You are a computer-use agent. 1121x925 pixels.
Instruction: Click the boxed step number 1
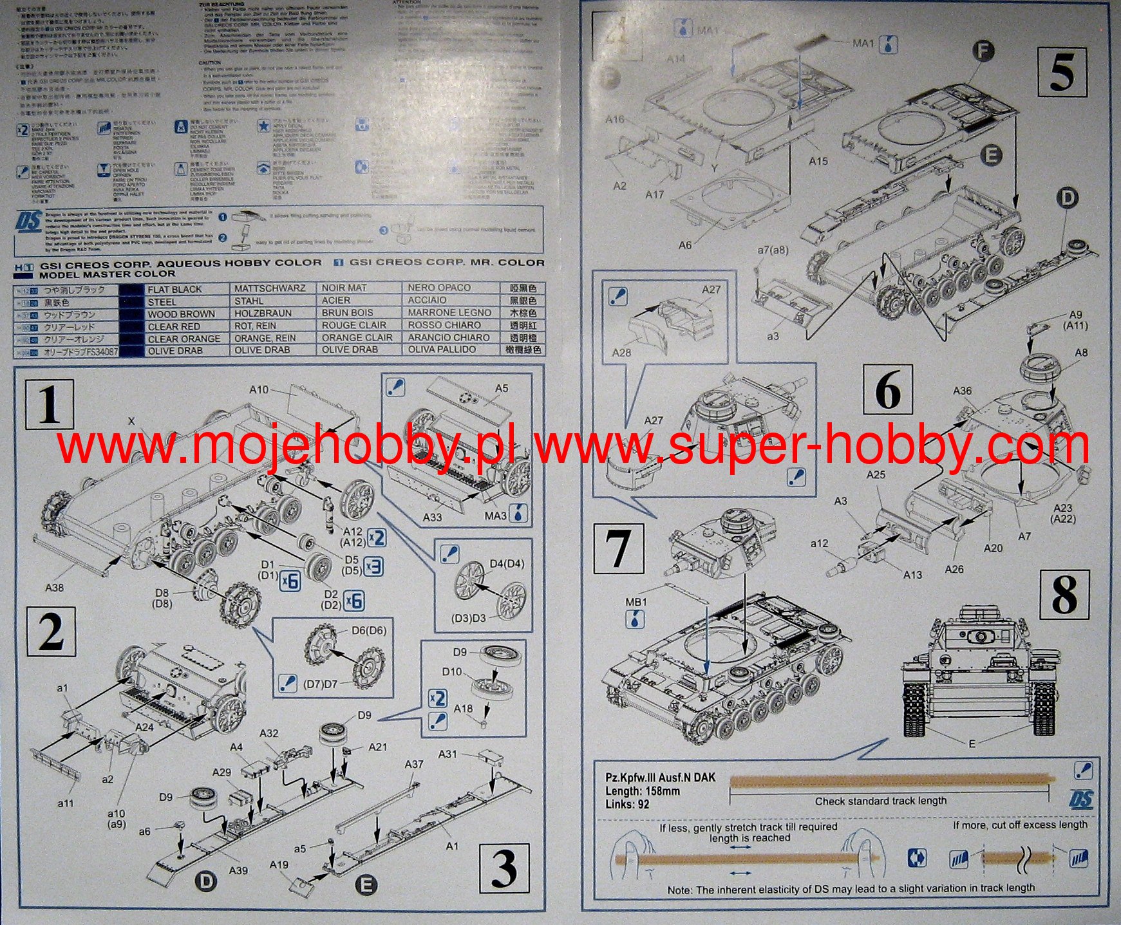tap(50, 404)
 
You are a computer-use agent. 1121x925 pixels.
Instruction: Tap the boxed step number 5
tap(1062, 73)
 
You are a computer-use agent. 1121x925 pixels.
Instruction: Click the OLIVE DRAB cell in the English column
tap(175, 351)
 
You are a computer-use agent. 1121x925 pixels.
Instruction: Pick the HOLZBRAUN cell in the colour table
tap(263, 313)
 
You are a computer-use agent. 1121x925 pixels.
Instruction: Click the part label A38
tap(55, 588)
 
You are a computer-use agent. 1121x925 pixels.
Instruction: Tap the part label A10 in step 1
tap(259, 389)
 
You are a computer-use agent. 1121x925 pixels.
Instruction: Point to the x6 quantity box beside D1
tap(290, 581)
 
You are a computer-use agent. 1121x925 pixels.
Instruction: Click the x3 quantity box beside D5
tap(373, 566)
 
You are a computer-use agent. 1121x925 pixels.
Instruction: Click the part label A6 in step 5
tap(685, 245)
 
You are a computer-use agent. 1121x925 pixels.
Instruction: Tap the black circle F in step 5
tap(983, 51)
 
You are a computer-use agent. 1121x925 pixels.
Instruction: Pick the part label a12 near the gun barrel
tap(819, 544)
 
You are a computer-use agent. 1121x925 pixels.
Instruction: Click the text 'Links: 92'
tap(627, 804)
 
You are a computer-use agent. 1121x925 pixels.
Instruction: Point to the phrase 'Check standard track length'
tap(880, 801)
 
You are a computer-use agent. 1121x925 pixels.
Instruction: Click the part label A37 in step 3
tap(414, 763)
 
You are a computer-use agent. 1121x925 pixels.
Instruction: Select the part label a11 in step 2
tap(65, 803)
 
